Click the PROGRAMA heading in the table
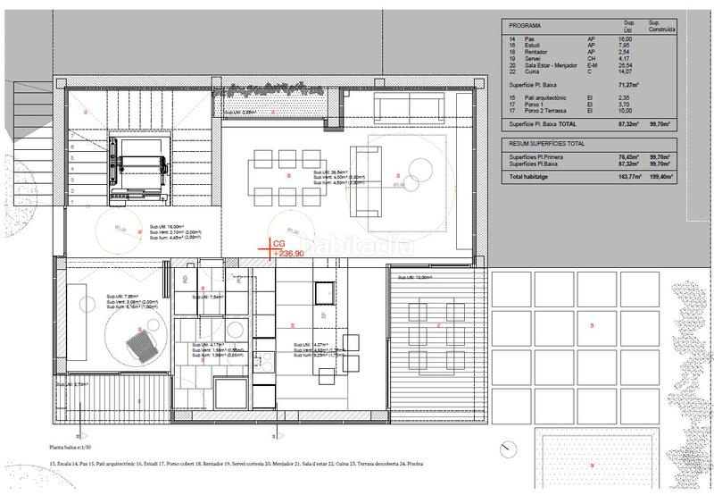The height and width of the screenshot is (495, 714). [x=521, y=27]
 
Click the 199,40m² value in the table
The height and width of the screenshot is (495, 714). [x=661, y=178]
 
